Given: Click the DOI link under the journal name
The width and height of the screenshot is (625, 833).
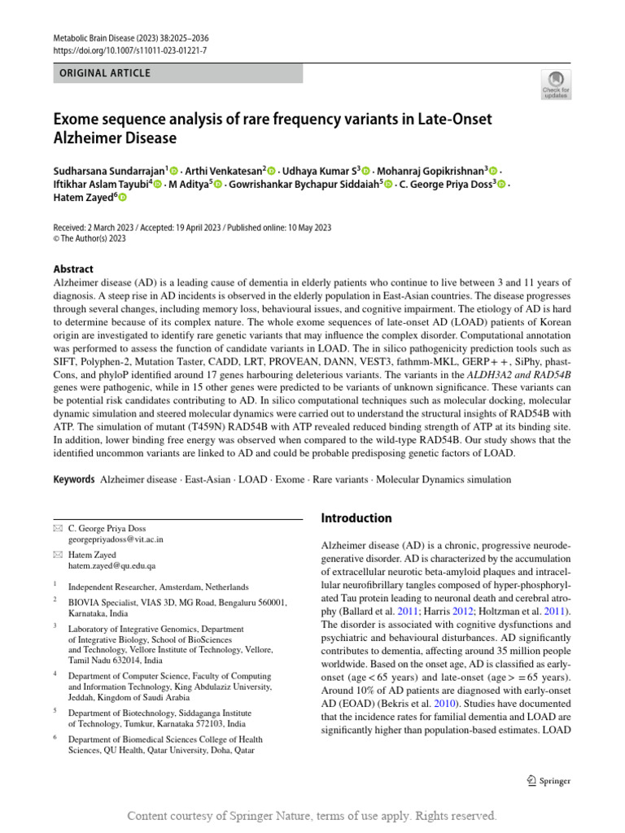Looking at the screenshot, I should [x=130, y=50].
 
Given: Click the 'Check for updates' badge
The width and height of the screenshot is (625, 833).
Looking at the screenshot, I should [x=555, y=84].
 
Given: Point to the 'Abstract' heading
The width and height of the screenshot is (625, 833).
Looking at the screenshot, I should [x=73, y=269].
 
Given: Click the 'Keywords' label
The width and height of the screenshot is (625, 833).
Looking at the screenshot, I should [x=73, y=480].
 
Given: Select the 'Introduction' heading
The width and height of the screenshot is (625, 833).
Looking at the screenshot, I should [x=356, y=518].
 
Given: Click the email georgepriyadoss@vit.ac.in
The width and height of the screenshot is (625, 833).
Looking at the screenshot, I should [x=116, y=539].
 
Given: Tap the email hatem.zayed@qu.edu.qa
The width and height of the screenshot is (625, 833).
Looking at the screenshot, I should [x=111, y=565].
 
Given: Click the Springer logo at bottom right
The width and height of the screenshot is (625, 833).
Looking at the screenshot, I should [x=549, y=781].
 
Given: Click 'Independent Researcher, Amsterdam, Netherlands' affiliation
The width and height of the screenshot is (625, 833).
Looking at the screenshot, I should [x=159, y=587].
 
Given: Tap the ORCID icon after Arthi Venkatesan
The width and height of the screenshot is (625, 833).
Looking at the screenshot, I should [x=272, y=170].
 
